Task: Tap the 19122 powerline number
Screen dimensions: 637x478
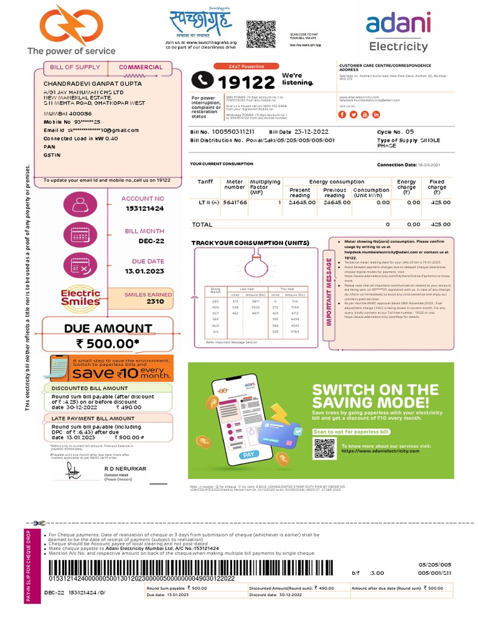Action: [245, 81]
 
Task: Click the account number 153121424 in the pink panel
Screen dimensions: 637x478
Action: [143, 209]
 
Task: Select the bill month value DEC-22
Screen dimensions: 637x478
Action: [151, 241]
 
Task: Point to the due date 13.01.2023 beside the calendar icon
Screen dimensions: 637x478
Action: [144, 271]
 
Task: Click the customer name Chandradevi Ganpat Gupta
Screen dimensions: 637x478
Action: [93, 83]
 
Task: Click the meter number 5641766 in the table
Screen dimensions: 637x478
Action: [234, 202]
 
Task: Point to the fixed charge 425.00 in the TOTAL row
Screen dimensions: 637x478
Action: [441, 224]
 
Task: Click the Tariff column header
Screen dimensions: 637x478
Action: [205, 182]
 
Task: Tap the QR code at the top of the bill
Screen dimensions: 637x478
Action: [261, 34]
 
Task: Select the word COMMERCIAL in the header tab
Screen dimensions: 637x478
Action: [141, 67]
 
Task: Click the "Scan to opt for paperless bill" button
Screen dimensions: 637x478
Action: [351, 431]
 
